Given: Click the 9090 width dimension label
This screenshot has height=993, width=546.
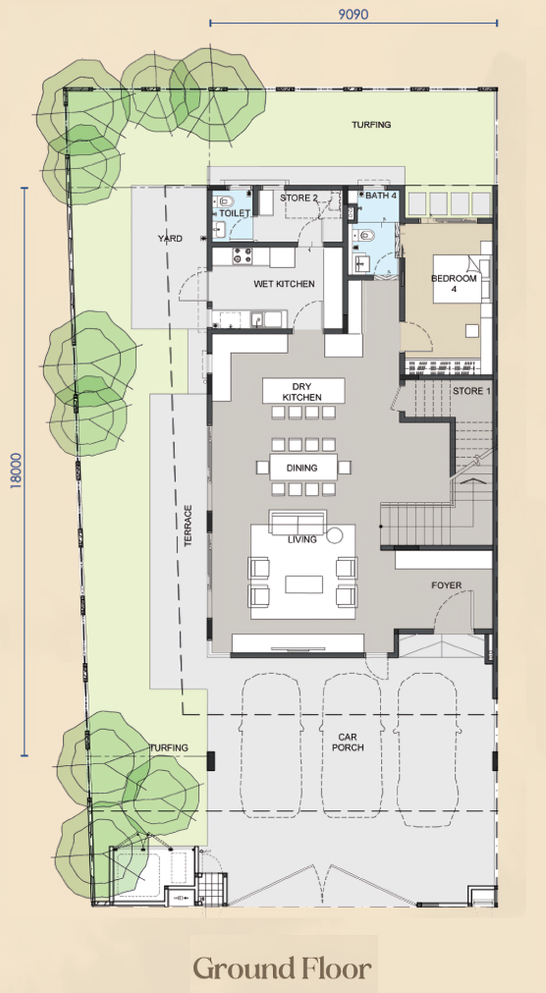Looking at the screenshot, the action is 354,14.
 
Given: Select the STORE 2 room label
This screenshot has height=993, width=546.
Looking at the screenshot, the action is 299,197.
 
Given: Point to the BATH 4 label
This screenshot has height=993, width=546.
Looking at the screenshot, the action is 381,195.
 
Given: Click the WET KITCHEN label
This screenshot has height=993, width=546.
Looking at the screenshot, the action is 284,284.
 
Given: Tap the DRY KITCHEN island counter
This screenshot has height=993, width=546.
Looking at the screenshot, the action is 303,391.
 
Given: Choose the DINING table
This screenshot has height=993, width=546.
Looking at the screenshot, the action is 302,468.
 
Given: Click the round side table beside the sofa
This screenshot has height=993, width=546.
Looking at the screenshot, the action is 335,535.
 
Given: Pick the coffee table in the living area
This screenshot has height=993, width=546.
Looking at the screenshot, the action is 304,583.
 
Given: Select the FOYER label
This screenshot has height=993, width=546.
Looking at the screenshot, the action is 447,585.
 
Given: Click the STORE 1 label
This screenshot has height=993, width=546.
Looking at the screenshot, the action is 471,391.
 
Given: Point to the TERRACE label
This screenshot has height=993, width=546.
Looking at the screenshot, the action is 188,525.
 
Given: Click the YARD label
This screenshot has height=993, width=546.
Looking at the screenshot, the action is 171,239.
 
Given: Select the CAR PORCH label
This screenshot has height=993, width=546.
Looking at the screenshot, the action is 351,743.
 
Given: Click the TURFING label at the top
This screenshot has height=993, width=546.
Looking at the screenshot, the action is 371,125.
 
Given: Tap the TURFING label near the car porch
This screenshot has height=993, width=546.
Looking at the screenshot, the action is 169,747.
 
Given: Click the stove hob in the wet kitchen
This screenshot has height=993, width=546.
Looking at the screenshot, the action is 242,256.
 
